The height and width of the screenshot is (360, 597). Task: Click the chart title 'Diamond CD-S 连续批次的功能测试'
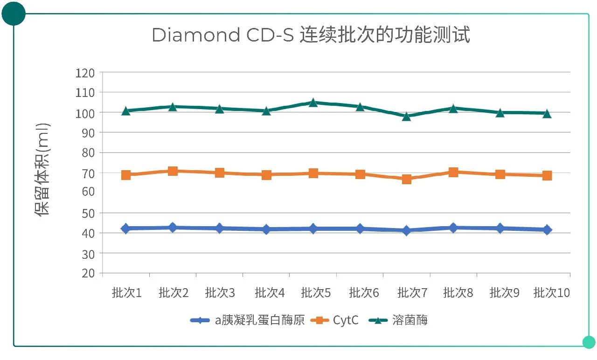click(311, 35)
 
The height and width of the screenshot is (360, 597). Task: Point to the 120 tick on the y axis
click(85, 73)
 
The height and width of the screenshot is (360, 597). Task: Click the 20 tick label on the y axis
click(87, 273)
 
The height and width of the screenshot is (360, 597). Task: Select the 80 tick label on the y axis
click(87, 153)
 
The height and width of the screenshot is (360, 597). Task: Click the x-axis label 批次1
click(126, 293)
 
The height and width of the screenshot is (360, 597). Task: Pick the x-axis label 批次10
click(552, 293)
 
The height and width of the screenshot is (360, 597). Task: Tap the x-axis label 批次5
click(316, 293)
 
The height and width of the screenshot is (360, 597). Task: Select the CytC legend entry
click(346, 320)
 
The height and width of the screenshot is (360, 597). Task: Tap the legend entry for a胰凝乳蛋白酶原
click(259, 320)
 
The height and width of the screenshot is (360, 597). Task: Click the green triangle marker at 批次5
click(313, 103)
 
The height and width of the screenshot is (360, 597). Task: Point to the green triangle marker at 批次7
click(407, 116)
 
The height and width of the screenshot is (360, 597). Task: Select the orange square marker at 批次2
click(173, 171)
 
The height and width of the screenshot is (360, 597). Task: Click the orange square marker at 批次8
click(453, 173)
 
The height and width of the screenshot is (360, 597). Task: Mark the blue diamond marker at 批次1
click(126, 228)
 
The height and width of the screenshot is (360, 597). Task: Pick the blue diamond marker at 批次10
click(547, 229)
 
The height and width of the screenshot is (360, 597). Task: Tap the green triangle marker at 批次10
click(547, 113)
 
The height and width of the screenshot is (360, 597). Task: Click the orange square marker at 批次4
click(266, 175)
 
